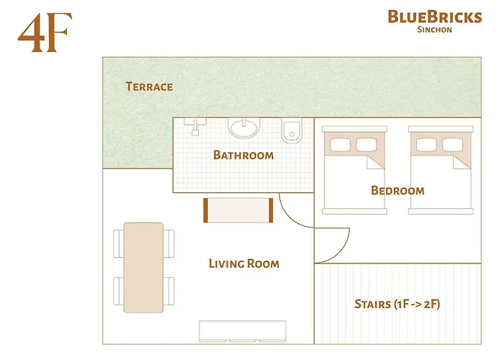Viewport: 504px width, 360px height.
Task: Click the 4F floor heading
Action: coord(45,32)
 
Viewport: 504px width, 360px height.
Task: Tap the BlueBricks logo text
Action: coord(435,17)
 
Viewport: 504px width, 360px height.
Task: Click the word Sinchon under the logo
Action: coord(435,30)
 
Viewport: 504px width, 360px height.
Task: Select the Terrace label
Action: coord(149,86)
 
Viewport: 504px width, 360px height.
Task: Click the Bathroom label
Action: coord(243,156)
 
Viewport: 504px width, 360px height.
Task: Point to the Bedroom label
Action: coord(397,191)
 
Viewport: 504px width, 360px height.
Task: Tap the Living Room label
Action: coord(244,264)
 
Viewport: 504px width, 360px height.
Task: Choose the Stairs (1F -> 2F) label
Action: coord(397,304)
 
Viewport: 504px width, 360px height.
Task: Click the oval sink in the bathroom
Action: coord(243,127)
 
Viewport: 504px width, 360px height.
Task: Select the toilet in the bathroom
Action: coord(292,130)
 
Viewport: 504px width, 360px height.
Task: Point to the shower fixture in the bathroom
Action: coord(195,126)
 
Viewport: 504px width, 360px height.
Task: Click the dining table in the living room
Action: coord(143,267)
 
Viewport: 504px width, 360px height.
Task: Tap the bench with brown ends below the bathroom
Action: coord(238,210)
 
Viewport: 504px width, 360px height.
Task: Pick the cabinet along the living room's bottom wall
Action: coord(243,331)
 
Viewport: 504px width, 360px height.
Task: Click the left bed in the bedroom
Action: coord(354,170)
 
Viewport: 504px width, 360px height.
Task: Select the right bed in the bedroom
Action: coord(441,170)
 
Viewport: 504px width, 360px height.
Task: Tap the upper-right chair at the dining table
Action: coord(168,243)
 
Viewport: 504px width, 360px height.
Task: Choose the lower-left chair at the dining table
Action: coord(118,291)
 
